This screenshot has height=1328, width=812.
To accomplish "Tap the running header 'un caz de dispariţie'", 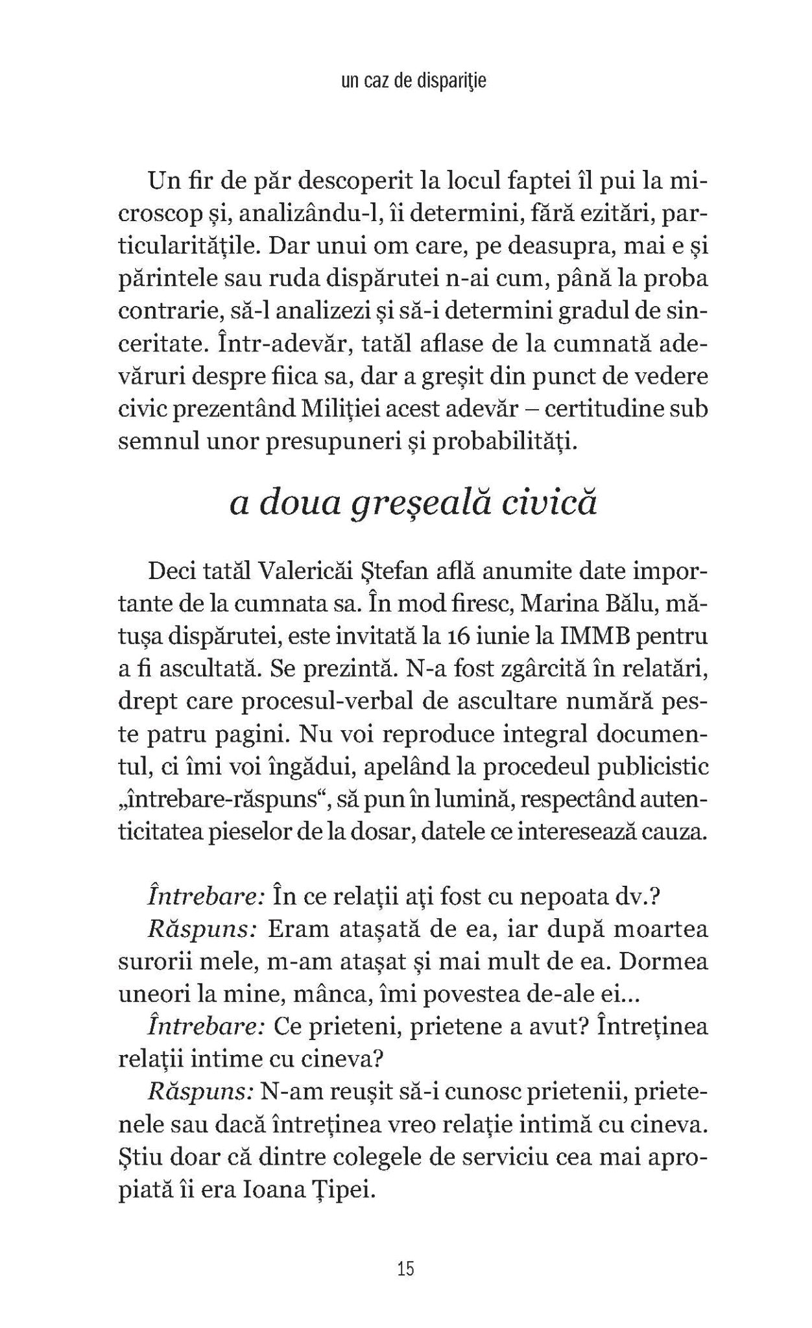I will tap(406, 82).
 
